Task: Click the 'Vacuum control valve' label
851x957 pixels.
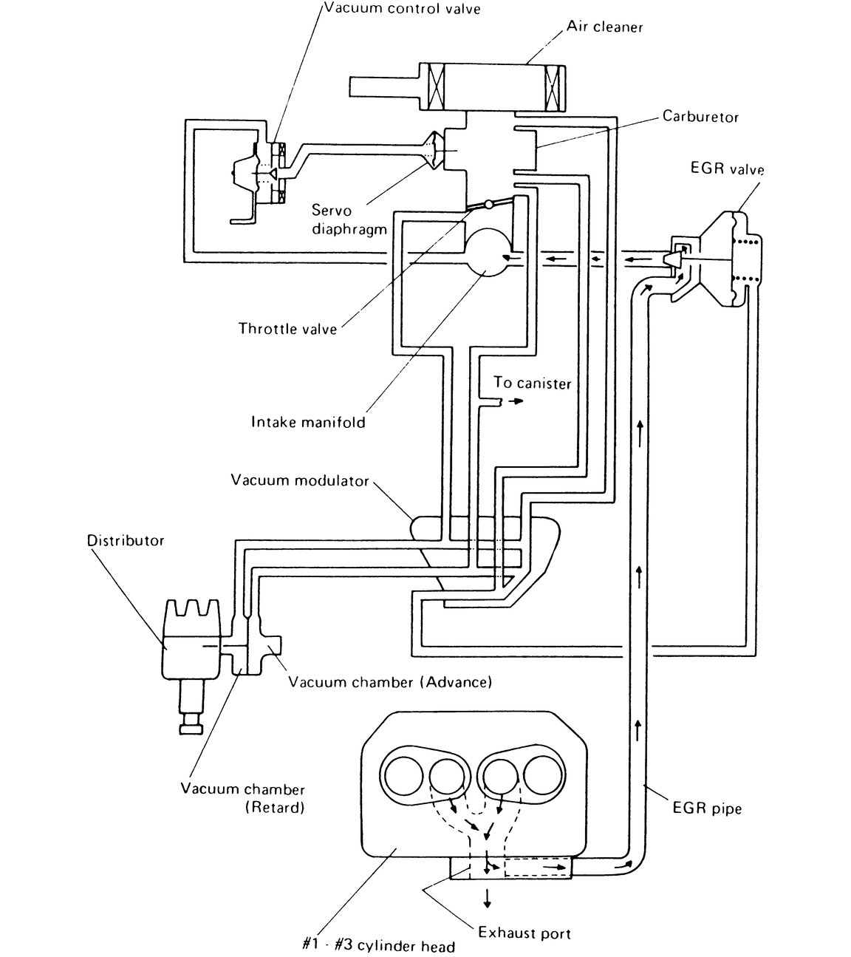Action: (402, 9)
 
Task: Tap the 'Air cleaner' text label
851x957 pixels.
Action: (604, 27)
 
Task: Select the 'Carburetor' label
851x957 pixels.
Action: (700, 117)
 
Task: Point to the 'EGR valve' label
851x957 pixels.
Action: (727, 168)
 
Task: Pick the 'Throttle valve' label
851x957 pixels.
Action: (287, 329)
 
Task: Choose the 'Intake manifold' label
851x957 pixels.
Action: (308, 423)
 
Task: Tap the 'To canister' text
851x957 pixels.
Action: (532, 383)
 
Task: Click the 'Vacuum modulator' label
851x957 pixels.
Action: (299, 480)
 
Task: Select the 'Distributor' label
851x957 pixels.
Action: (126, 540)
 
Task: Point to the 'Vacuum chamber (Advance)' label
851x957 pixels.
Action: (389, 682)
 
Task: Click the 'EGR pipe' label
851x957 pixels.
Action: (706, 808)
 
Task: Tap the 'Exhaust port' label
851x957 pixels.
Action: (524, 933)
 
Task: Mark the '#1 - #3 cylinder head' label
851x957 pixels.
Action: (378, 946)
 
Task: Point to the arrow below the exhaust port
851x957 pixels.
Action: (487, 897)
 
